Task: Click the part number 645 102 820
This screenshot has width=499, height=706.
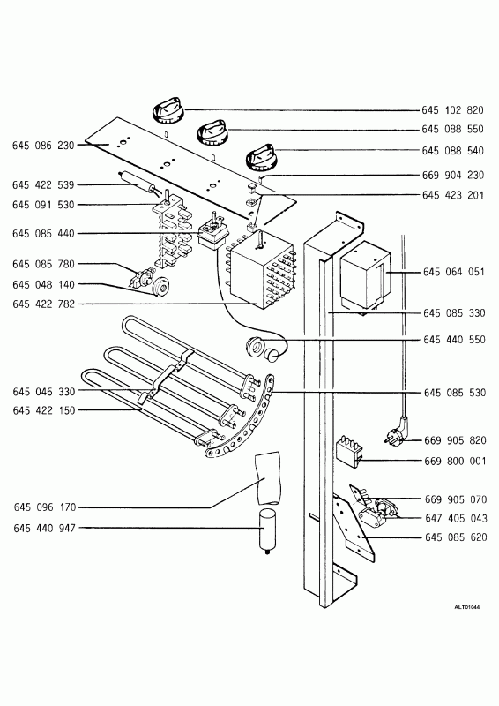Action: click(452, 110)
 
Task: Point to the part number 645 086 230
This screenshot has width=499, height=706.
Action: click(43, 146)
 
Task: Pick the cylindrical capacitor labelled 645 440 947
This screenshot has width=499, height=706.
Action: click(268, 531)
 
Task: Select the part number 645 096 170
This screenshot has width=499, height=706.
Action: click(45, 507)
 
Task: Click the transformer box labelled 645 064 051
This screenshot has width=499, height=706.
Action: click(365, 275)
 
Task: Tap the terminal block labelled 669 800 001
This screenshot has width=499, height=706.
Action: click(349, 452)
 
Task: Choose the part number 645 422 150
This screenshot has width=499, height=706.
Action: click(44, 410)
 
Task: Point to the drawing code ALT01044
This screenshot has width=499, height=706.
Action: click(466, 607)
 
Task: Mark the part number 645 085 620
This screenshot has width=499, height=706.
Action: click(456, 537)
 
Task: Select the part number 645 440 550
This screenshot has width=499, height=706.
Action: click(454, 340)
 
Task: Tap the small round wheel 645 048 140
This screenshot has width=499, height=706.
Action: click(160, 286)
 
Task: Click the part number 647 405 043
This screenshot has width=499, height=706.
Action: click(456, 518)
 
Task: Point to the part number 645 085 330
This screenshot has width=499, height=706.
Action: click(454, 313)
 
